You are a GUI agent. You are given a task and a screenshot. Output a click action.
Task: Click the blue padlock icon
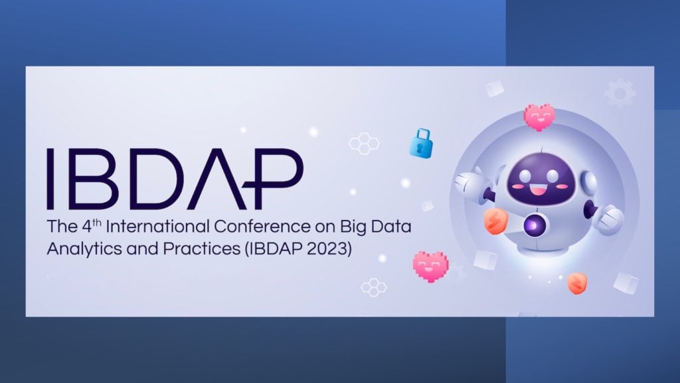(421, 144)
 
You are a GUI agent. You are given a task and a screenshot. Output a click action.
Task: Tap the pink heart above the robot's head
(539, 117)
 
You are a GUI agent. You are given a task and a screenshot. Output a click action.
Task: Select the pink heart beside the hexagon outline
(430, 266)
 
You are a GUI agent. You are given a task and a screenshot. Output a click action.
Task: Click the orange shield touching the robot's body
(495, 221)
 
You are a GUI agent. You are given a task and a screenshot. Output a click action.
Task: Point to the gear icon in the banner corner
(620, 93)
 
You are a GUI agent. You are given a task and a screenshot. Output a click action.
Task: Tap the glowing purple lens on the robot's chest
(533, 225)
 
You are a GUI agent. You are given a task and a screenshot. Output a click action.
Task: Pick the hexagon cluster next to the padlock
(365, 144)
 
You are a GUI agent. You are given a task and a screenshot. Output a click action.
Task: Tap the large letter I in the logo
(50, 178)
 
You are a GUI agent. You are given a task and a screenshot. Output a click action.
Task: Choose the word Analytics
(84, 249)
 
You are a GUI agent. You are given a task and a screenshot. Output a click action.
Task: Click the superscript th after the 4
(97, 222)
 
